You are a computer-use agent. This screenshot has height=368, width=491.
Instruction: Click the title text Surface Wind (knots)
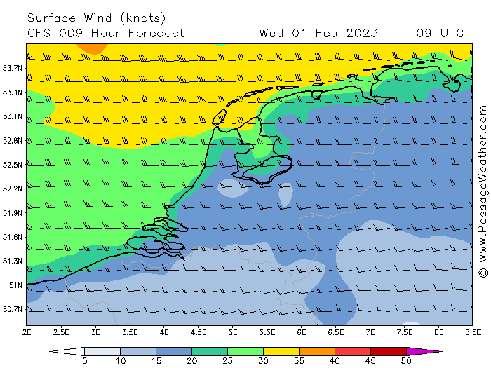point(97,18)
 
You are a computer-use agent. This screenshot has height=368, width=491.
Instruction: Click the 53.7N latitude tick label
point(13,68)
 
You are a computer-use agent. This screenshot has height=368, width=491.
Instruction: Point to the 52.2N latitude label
point(13,189)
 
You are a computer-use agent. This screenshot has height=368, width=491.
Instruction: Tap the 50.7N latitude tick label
point(13,309)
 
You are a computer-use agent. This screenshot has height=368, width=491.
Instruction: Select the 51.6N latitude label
point(13,237)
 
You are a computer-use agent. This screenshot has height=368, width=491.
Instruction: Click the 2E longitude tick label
point(27,331)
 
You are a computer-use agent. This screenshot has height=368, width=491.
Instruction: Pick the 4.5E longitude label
point(199,331)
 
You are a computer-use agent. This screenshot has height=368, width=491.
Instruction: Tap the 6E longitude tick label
point(302,331)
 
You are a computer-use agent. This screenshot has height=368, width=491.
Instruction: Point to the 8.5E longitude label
point(473,331)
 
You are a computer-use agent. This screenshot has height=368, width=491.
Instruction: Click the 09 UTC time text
point(440,33)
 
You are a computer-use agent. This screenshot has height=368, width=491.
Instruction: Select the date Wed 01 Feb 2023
point(318,33)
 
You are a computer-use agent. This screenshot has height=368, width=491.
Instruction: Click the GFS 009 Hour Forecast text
point(106,33)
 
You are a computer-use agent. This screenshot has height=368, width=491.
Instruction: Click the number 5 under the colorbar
point(84,361)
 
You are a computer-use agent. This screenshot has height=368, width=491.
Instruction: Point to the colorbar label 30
point(263,361)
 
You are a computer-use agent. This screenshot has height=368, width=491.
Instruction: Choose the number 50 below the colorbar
point(406,361)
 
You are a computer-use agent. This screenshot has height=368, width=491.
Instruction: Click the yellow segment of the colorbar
point(281,351)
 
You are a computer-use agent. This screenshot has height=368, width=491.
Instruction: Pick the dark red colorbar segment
point(388,351)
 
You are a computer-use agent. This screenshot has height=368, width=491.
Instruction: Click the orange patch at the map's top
point(89,48)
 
